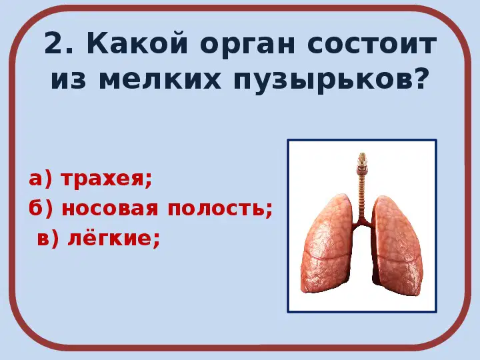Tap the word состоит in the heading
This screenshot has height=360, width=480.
click(x=371, y=44)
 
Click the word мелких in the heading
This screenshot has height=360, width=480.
click(x=160, y=79)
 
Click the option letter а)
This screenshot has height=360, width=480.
click(x=40, y=179)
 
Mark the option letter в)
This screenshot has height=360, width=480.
click(x=48, y=238)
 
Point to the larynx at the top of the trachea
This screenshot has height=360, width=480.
click(x=363, y=161)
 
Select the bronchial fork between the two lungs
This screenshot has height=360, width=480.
click(x=363, y=223)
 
